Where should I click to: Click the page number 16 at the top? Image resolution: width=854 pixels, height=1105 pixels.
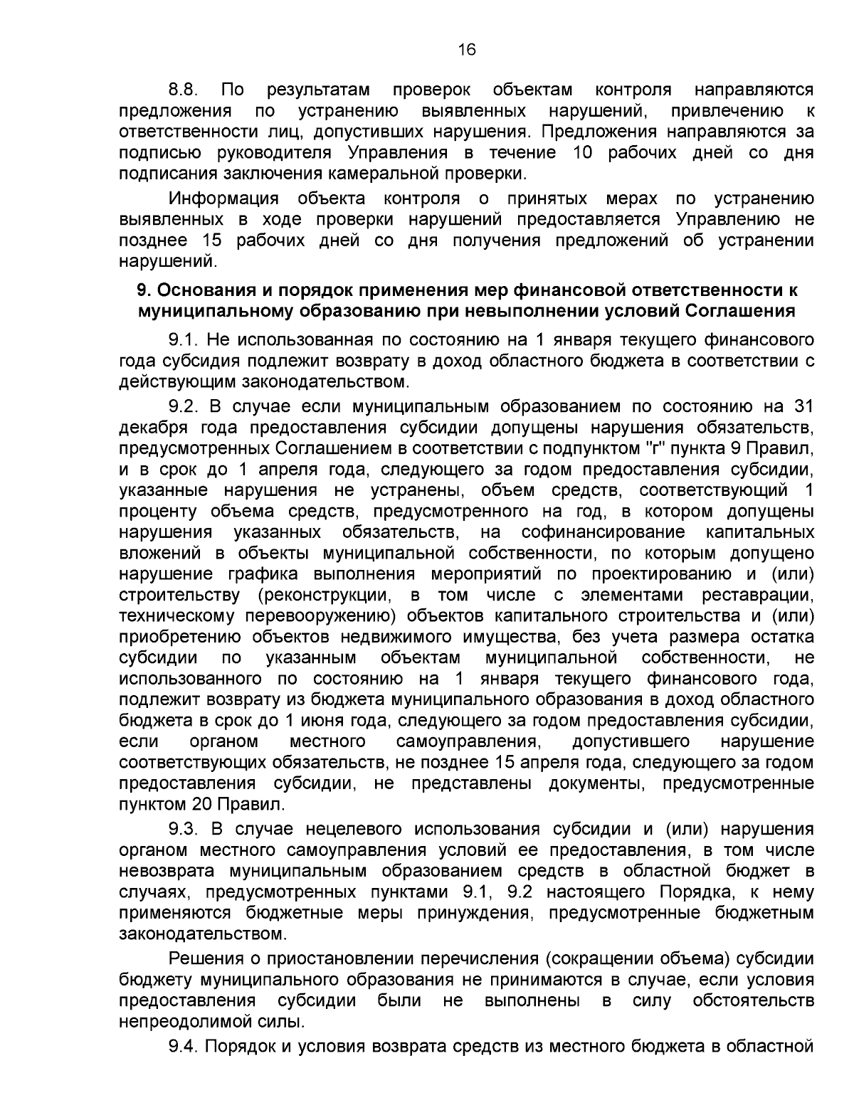pyautogui.click(x=466, y=49)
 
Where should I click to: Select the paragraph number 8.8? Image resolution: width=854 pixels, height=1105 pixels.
pyautogui.click(x=183, y=90)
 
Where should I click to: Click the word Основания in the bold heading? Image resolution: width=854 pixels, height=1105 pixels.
pyautogui.click(x=204, y=290)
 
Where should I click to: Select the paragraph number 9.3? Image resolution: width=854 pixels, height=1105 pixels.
pyautogui.click(x=183, y=829)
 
